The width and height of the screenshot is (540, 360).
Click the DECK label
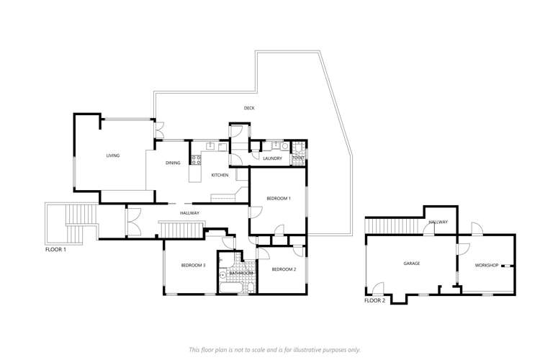point(249,108)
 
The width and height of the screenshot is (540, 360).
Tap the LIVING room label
point(112,156)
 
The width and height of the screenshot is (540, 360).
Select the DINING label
point(173,163)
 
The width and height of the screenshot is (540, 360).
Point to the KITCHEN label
point(220,176)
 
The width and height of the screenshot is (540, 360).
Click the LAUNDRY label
point(271,158)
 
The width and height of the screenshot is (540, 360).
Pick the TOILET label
point(297,158)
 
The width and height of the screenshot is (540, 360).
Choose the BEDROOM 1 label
point(278,198)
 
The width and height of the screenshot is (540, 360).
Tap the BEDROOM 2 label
point(284,269)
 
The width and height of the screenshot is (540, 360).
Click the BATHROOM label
point(241,274)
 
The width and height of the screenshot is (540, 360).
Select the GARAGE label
point(411,264)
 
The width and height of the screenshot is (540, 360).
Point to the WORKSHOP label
point(487,266)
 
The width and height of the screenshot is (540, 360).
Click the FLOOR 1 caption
point(55,250)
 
